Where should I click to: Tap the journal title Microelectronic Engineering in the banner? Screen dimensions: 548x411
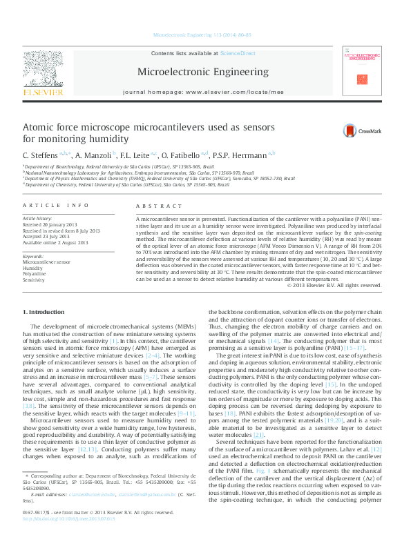pos(203,72)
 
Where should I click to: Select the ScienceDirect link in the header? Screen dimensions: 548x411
pos(237,53)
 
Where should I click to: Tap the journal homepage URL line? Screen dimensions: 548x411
pos(203,91)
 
